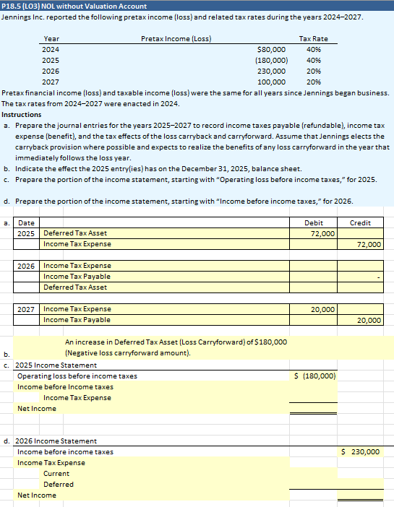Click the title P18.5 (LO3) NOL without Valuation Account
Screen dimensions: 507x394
[74, 6]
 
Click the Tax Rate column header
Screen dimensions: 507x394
[313, 38]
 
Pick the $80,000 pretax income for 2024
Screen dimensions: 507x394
[271, 49]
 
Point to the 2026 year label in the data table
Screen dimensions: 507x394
[51, 71]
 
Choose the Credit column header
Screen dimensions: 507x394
[360, 223]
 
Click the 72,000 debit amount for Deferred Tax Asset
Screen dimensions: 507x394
[322, 234]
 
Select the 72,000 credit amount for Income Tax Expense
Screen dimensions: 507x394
[369, 245]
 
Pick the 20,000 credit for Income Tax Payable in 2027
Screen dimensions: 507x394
[369, 320]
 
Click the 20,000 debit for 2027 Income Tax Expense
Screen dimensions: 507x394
[322, 309]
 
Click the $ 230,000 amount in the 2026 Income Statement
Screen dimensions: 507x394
[360, 451]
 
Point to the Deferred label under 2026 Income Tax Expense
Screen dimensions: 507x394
[58, 484]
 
